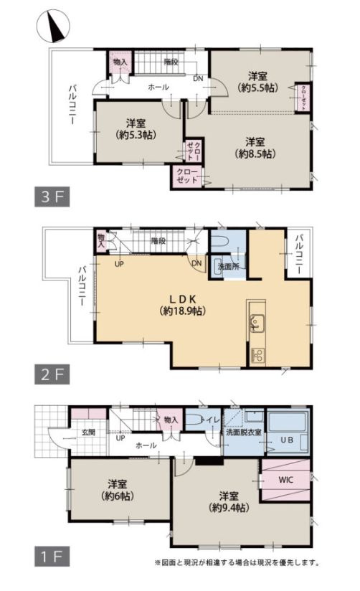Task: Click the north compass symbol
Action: click(x=53, y=26)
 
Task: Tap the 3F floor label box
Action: click(x=52, y=197)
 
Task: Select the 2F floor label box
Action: click(x=52, y=374)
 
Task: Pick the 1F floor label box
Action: click(x=52, y=557)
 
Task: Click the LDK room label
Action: click(x=182, y=299)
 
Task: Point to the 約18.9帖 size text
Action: click(x=182, y=311)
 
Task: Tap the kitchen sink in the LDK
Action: click(x=257, y=323)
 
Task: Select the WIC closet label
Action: click(x=285, y=480)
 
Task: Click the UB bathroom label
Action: click(x=287, y=440)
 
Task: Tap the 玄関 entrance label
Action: click(x=88, y=432)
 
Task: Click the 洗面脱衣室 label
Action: click(x=244, y=432)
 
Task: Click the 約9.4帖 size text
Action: click(x=229, y=508)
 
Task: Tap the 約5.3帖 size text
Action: click(x=136, y=135)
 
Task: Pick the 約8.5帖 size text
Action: click(x=255, y=153)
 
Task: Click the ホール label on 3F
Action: click(x=158, y=87)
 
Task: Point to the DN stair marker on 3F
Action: click(x=198, y=79)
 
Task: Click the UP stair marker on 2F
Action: click(x=119, y=264)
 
